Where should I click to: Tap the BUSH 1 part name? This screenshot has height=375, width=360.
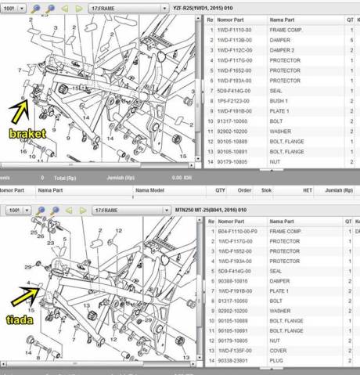[x=279, y=101]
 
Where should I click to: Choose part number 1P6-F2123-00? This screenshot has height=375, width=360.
[x=236, y=101]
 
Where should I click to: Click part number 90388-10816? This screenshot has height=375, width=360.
[x=234, y=280]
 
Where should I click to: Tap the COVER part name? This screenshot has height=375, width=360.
[x=279, y=351]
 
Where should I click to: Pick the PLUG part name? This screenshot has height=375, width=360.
[x=278, y=361]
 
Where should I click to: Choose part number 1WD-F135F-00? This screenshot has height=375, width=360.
[x=236, y=351]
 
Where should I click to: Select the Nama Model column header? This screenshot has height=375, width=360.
[x=149, y=189]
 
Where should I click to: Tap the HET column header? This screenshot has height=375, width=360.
[x=308, y=189]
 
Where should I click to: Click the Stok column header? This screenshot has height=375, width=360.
[x=266, y=189]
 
